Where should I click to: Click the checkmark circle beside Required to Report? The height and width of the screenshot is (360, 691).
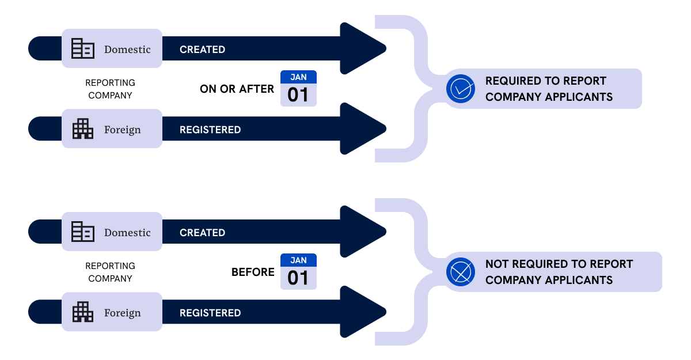[461, 89]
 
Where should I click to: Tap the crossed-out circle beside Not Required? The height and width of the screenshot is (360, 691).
[461, 272]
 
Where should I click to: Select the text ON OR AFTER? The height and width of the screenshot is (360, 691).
[237, 89]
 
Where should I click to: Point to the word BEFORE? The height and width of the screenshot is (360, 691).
[253, 272]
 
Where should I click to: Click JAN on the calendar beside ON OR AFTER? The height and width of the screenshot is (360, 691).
[298, 77]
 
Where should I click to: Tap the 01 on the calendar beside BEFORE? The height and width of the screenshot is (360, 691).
[298, 278]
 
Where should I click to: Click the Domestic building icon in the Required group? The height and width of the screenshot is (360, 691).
[83, 49]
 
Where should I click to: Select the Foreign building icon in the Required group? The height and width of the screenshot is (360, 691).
[83, 129]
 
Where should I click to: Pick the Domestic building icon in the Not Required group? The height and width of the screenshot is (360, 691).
[83, 232]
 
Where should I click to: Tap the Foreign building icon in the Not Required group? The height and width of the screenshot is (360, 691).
[83, 312]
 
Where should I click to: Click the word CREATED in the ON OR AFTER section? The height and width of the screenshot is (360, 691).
[202, 50]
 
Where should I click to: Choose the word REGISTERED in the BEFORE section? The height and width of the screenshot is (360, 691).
[210, 313]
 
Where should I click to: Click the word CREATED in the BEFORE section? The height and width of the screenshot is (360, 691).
[202, 233]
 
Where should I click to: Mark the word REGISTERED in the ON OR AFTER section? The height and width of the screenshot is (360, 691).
[210, 130]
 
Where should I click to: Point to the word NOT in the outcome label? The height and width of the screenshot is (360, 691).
[496, 264]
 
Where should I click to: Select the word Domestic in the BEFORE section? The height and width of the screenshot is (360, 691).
[127, 233]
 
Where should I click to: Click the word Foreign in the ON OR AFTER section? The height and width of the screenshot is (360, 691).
[122, 130]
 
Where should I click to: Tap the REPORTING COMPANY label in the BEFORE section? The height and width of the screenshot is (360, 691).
[110, 272]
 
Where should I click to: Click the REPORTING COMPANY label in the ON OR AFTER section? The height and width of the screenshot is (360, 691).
[110, 89]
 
